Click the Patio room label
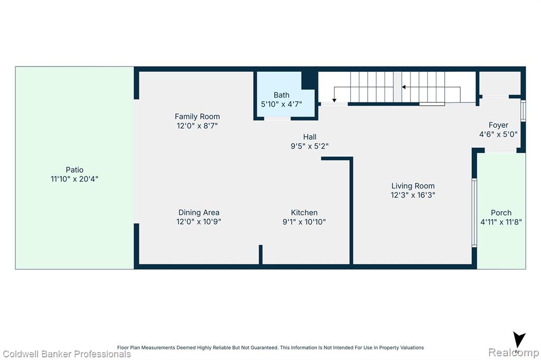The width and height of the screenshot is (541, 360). pyautogui.click(x=74, y=169)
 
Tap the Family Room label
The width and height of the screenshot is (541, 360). pyautogui.click(x=197, y=117)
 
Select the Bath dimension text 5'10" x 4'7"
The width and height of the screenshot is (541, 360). pyautogui.click(x=282, y=104)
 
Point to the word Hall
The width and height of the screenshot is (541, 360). pyautogui.click(x=310, y=137)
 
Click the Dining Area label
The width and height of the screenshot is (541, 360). pyautogui.click(x=199, y=212)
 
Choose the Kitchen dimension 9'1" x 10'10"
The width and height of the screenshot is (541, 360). pyautogui.click(x=304, y=222)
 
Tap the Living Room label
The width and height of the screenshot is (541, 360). pyautogui.click(x=413, y=186)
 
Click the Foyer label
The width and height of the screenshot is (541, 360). pyautogui.click(x=499, y=125)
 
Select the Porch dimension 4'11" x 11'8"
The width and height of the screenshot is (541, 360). pyautogui.click(x=501, y=222)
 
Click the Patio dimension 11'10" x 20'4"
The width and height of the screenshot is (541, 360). pyautogui.click(x=74, y=179)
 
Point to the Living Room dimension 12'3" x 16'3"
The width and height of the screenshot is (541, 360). pyautogui.click(x=413, y=195)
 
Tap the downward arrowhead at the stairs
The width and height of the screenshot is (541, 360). pyautogui.click(x=334, y=100)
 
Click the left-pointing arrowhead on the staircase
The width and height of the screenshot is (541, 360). pyautogui.click(x=403, y=87)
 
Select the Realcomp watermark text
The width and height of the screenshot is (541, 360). pyautogui.click(x=514, y=353)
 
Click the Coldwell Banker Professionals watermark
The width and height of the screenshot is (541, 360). pyautogui.click(x=67, y=354)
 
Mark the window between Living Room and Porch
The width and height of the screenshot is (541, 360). pyautogui.click(x=474, y=213)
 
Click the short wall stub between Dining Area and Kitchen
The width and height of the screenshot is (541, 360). pyautogui.click(x=260, y=254)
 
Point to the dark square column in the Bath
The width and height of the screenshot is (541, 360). pyautogui.click(x=310, y=80)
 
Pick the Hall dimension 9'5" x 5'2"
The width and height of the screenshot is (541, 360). pyautogui.click(x=310, y=146)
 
